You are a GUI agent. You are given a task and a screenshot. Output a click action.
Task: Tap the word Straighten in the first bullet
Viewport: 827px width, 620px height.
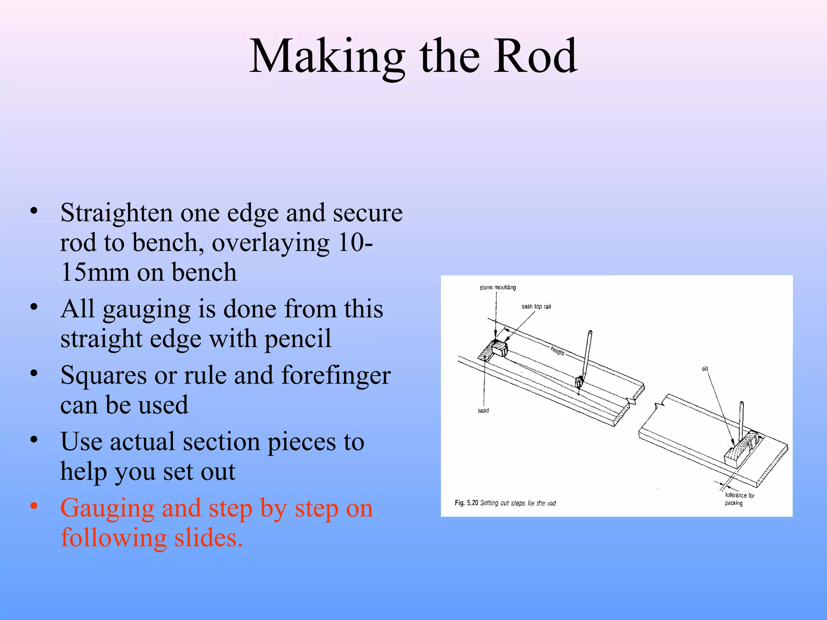coord(116,213)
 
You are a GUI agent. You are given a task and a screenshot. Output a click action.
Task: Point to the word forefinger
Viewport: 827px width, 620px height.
coord(336,375)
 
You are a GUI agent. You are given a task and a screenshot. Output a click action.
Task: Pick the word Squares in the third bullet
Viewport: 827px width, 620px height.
coord(103,375)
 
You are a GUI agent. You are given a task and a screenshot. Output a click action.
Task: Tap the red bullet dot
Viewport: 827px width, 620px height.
coord(34,506)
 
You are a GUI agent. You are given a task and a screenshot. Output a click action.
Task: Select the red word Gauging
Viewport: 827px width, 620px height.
coord(107,508)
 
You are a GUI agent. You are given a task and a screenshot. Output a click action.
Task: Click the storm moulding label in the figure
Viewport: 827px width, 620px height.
coord(497,287)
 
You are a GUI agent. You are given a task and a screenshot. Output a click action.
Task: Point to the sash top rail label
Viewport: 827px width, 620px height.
coord(536,306)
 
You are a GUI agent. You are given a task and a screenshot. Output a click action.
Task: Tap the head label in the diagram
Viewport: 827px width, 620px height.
coord(483,411)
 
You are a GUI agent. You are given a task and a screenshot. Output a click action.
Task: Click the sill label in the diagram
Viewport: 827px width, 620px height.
coord(705,369)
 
